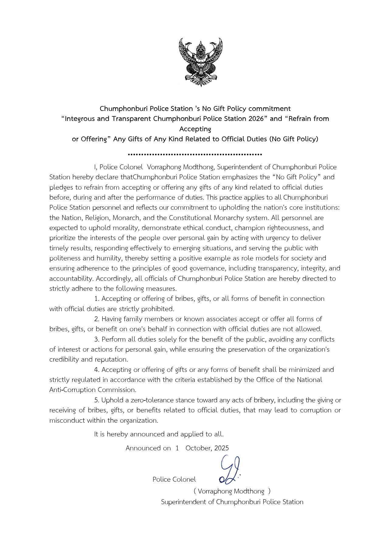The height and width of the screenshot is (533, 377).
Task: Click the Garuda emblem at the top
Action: pos(201,62)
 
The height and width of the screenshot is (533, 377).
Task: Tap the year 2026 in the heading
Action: pos(256,119)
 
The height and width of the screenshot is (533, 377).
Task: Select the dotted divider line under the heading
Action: pos(195,154)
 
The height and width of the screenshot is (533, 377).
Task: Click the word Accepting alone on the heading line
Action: pos(195,129)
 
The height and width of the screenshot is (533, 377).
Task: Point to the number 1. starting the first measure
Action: pos(97,299)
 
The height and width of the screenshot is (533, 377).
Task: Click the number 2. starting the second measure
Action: pos(97,319)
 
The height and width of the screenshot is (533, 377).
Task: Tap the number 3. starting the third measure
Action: pos(97,339)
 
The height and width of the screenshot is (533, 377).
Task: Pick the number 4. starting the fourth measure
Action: pos(97,370)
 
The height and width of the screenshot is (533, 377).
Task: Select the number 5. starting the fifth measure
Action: pos(97,400)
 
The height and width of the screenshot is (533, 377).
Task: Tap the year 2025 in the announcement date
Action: pos(222,448)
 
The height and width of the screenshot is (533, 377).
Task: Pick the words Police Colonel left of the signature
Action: pos(174,480)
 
